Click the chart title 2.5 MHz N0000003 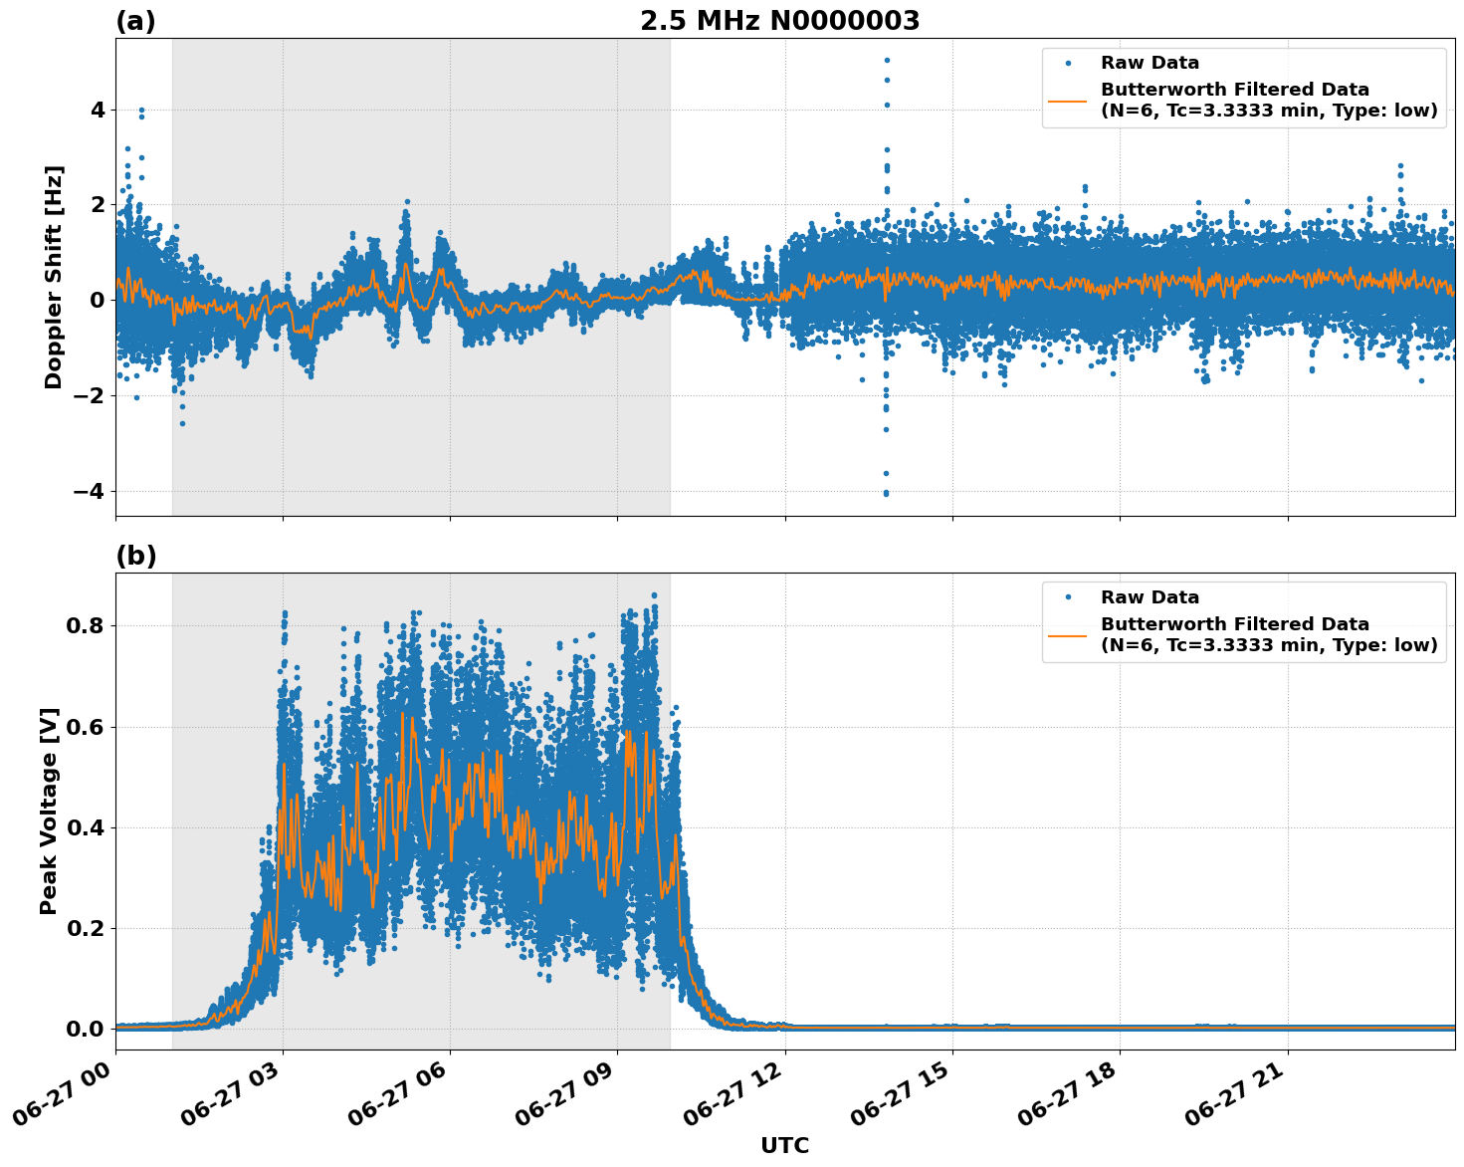coord(779,21)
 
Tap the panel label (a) coord(135,21)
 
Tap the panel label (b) coord(135,556)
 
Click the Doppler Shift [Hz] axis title coord(54,277)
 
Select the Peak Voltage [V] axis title coord(49,811)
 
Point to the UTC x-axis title coord(784,1145)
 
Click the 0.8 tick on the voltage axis coord(88,626)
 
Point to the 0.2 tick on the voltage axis coord(88,928)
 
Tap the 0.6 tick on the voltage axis coord(88,727)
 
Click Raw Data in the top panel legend coord(1150,64)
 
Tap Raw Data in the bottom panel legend coord(1150,597)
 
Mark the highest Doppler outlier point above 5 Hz coord(886,60)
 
